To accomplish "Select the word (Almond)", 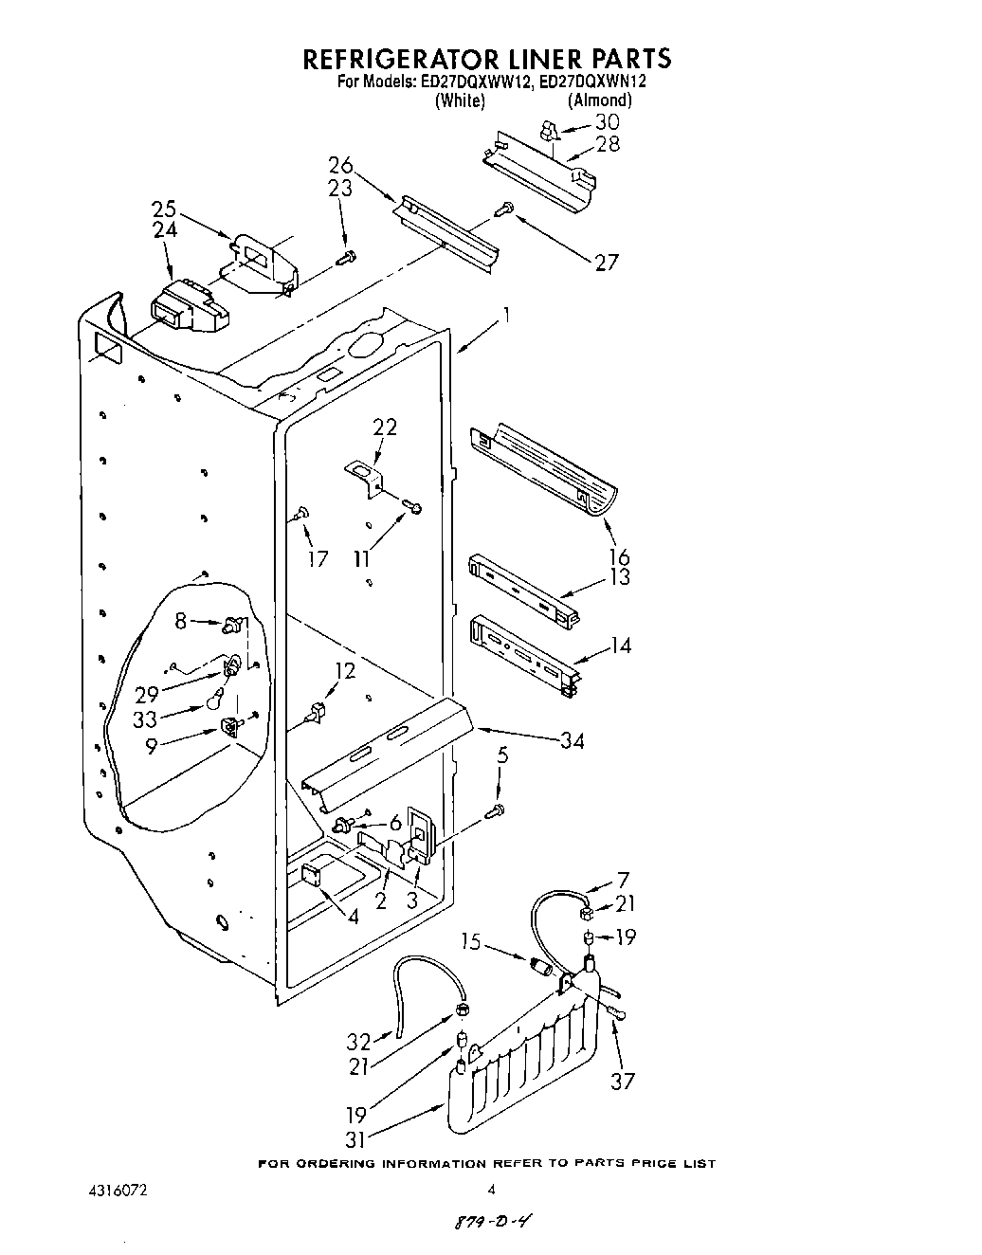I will click(599, 100).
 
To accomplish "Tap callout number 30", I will click(607, 122).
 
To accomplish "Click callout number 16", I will click(619, 556).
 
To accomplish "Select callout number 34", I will click(572, 740).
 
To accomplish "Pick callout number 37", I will click(622, 1081).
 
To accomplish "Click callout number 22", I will click(384, 427).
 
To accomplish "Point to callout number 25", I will click(164, 208).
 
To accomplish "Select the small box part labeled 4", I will click(312, 877).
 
